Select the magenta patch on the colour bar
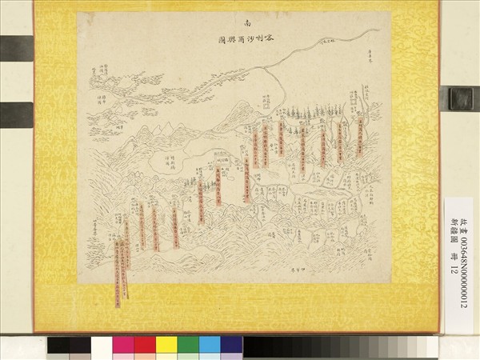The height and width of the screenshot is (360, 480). tap(123, 346)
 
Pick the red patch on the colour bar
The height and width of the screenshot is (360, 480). tap(145, 346)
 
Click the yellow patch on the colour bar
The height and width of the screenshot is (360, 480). tap(166, 346)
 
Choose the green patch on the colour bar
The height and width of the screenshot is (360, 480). tap(188, 346)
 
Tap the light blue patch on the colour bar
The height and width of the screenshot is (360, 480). tap(210, 346)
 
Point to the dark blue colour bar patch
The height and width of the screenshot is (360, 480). tap(231, 346)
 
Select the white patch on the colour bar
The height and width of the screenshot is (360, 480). tap(102, 346)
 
